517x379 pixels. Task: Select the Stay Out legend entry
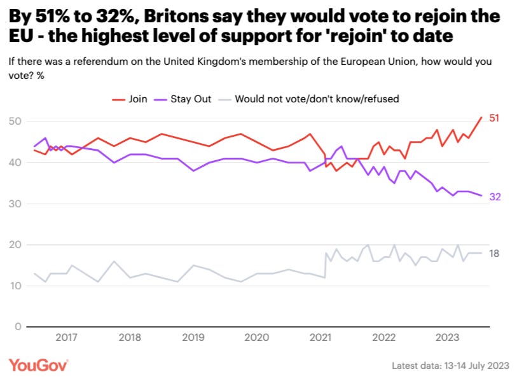pyautogui.click(x=184, y=99)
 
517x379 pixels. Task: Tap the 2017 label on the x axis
pyautogui.click(x=67, y=338)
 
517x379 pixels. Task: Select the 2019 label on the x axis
pyautogui.click(x=193, y=338)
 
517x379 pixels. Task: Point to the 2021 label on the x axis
pyautogui.click(x=319, y=338)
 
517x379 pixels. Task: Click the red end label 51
pyautogui.click(x=493, y=118)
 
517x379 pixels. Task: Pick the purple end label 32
pyautogui.click(x=494, y=197)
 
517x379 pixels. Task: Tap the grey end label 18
pyautogui.click(x=493, y=253)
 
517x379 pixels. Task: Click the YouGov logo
pyautogui.click(x=38, y=364)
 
